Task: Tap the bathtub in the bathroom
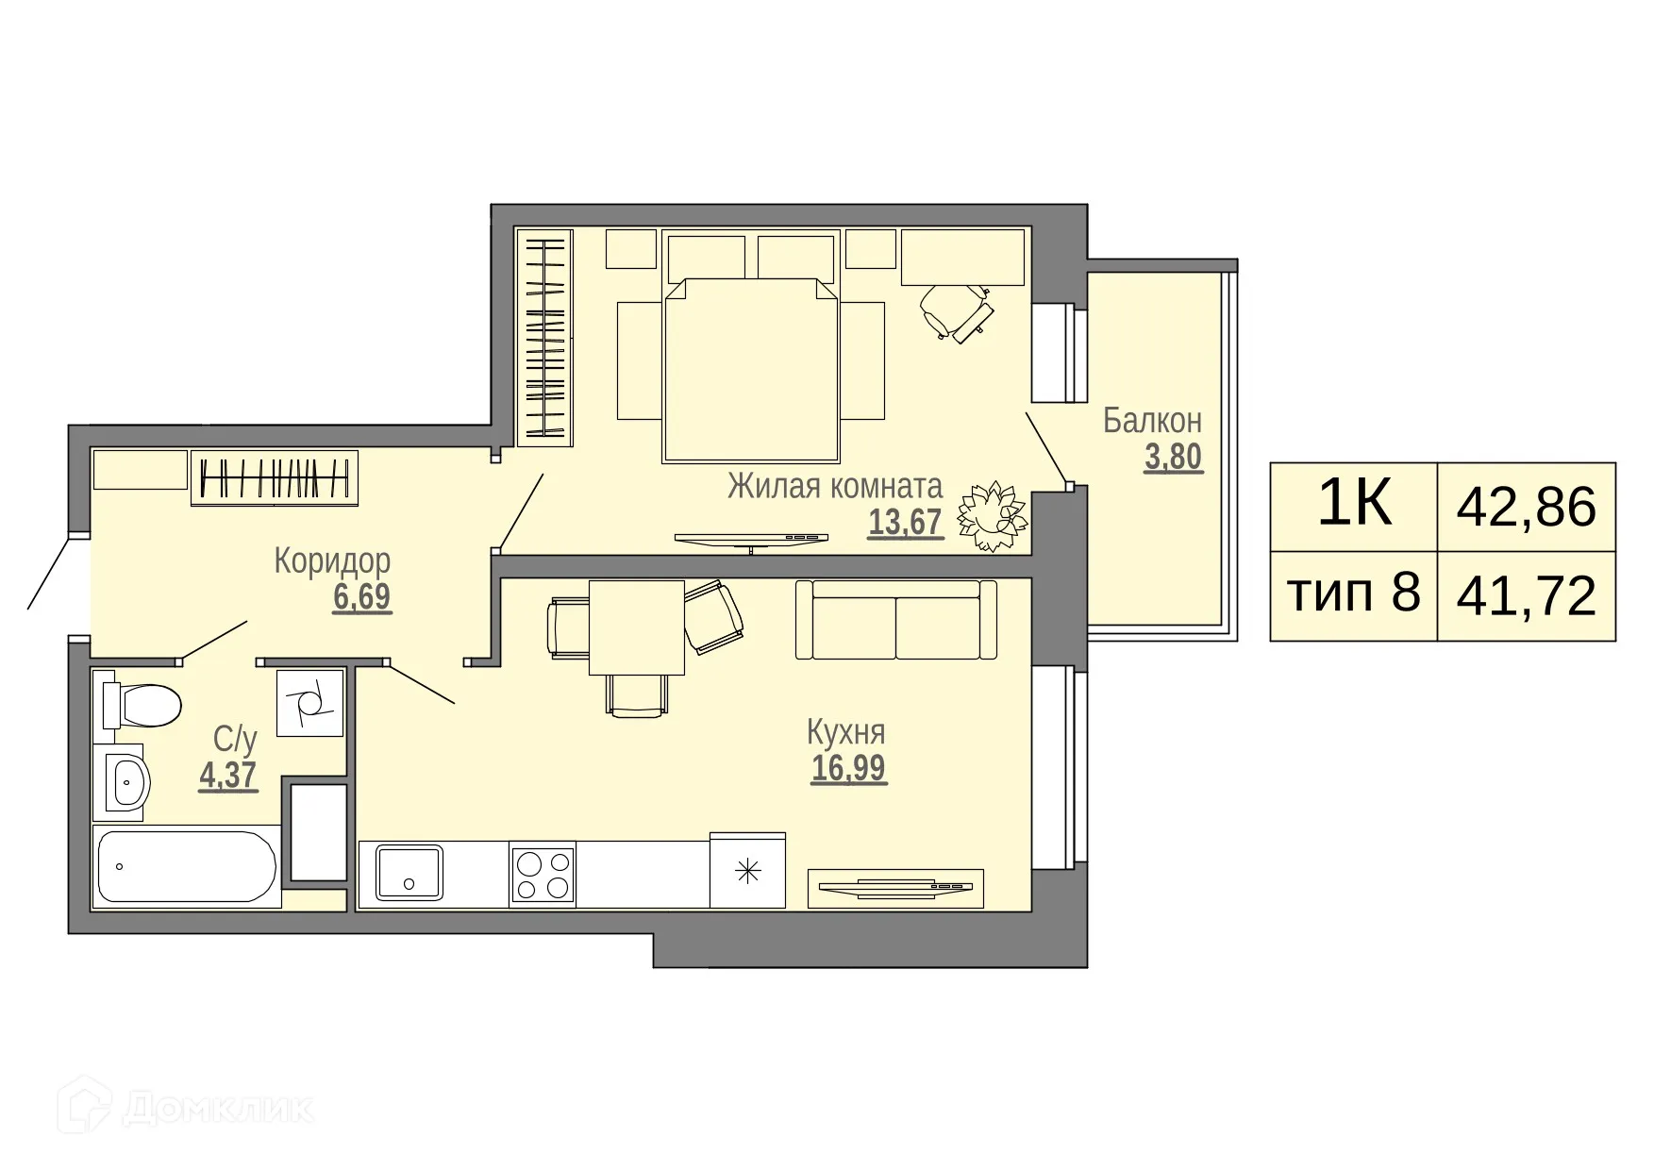pyautogui.click(x=187, y=867)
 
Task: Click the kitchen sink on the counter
pyautogui.click(x=409, y=873)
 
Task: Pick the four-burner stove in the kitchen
pyautogui.click(x=543, y=874)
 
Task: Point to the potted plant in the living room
pyautogui.click(x=992, y=516)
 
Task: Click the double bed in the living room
pyautogui.click(x=751, y=370)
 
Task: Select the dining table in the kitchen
pyautogui.click(x=636, y=627)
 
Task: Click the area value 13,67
pyautogui.click(x=905, y=522)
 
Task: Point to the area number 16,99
pyautogui.click(x=848, y=768)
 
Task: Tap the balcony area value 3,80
pyautogui.click(x=1173, y=458)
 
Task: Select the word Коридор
pyautogui.click(x=332, y=560)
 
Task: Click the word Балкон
pyautogui.click(x=1152, y=421)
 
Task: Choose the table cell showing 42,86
pyautogui.click(x=1526, y=507)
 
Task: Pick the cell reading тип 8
pyautogui.click(x=1353, y=594)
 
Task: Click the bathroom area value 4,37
pyautogui.click(x=227, y=776)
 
